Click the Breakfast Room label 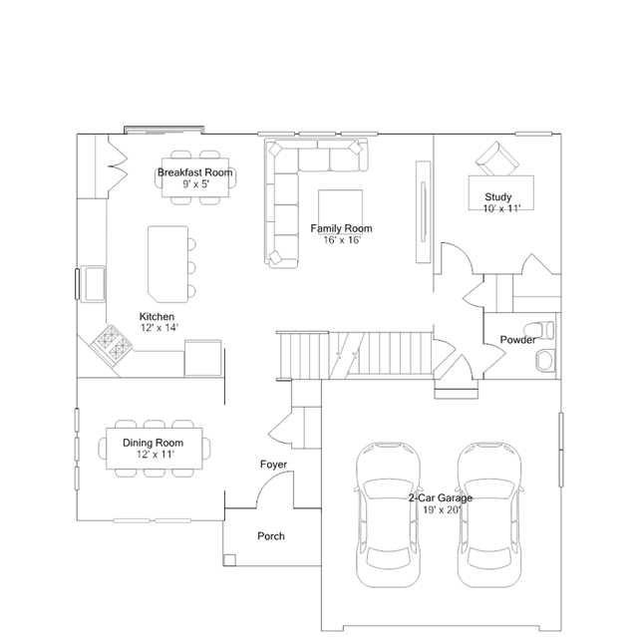click(x=195, y=172)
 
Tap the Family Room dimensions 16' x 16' click(x=342, y=240)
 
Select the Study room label click(x=498, y=197)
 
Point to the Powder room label click(x=517, y=340)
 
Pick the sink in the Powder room click(x=545, y=360)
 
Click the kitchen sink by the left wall click(x=93, y=284)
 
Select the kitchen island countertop click(x=167, y=264)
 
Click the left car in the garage click(x=388, y=515)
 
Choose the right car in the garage click(x=489, y=515)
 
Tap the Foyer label click(x=273, y=465)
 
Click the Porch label click(x=271, y=536)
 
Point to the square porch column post click(x=229, y=560)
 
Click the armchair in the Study click(x=497, y=159)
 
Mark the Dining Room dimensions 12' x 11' click(x=156, y=455)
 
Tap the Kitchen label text click(x=157, y=316)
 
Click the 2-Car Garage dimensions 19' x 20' click(x=442, y=509)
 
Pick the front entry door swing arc click(x=266, y=479)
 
